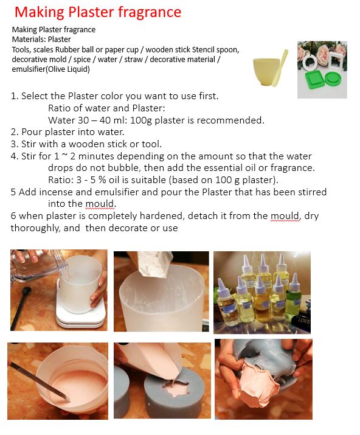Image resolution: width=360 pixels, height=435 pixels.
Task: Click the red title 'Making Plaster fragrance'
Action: click(98, 13)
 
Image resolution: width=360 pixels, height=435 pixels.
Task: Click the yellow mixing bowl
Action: click(266, 72)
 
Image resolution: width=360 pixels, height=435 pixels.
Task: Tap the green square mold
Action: click(314, 80)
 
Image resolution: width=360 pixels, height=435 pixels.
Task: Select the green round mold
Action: click(334, 78)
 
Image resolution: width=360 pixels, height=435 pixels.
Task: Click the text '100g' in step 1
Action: click(141, 120)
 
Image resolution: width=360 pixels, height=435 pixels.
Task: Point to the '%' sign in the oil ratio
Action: click(102, 179)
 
